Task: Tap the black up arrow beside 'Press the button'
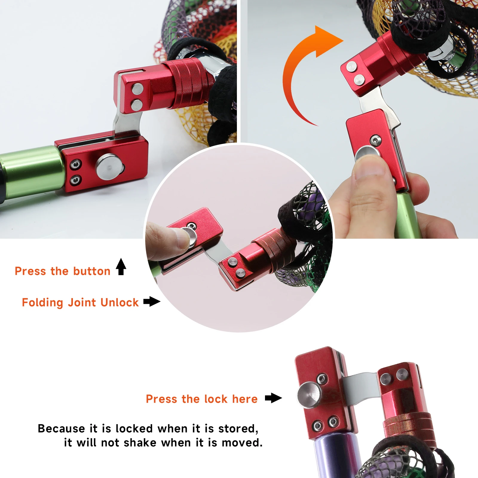tap(121, 266)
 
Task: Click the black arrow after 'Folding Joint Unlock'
tap(152, 301)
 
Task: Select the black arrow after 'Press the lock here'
tap(273, 398)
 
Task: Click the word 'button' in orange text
tap(92, 271)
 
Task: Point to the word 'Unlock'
tap(119, 303)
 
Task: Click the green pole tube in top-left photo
tap(33, 172)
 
